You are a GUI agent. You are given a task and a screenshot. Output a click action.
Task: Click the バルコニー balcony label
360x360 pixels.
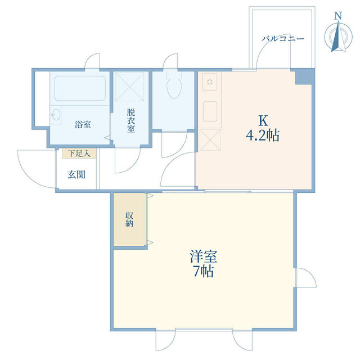[283, 39]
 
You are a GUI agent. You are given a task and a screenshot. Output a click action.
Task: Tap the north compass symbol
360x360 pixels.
[337, 35]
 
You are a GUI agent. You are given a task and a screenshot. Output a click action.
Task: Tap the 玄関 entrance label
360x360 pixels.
[76, 174]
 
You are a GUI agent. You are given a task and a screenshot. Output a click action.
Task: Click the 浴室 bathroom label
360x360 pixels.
[83, 124]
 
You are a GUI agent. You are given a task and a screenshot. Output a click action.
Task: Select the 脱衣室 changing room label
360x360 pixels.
[130, 120]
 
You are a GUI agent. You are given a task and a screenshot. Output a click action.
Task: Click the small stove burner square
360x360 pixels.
[209, 83]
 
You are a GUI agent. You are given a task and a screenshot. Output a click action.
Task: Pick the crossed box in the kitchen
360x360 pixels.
[209, 139]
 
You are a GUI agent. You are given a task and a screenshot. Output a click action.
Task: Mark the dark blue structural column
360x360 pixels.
[303, 76]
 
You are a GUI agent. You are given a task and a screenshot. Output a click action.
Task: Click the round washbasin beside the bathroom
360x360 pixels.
[56, 116]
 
